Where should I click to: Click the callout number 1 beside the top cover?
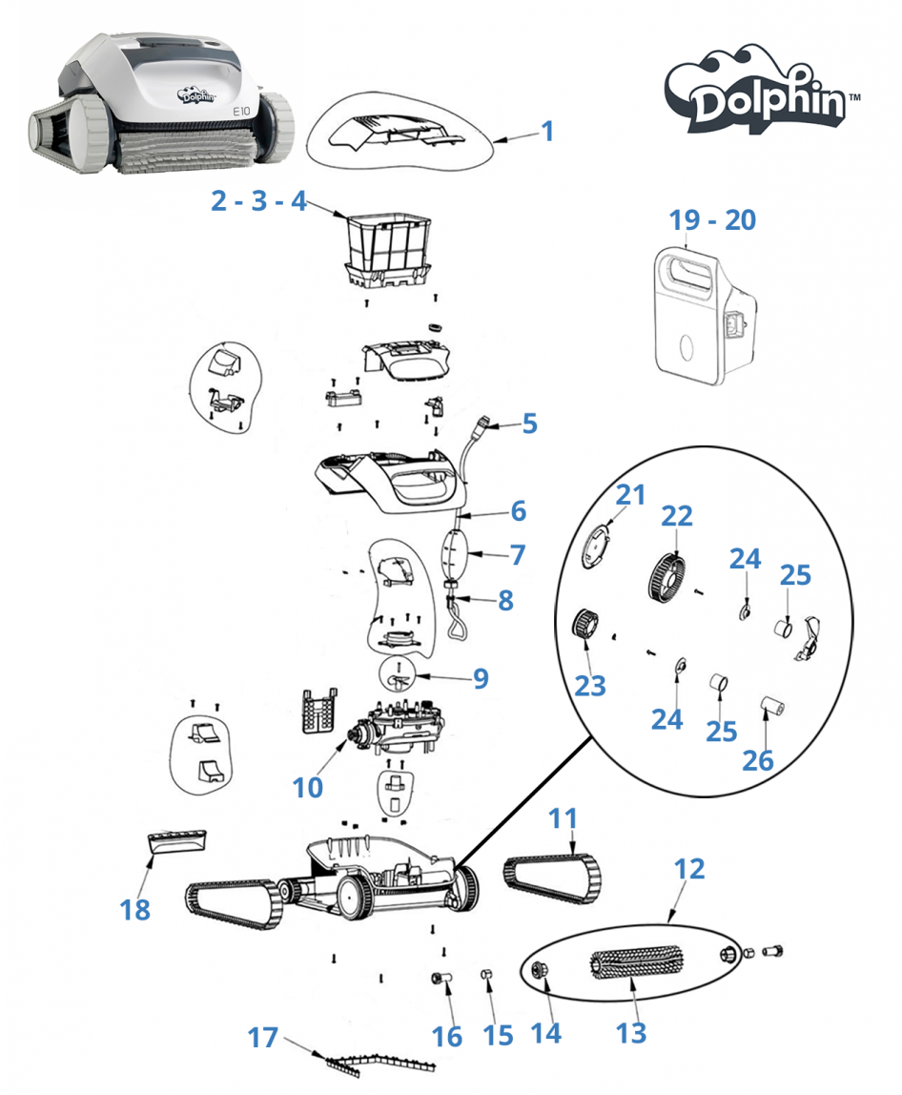546,131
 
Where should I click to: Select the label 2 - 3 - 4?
258,202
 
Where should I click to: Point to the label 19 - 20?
711,220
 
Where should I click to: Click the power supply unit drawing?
708,308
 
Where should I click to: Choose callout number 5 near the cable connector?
530,423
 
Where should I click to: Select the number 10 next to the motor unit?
308,787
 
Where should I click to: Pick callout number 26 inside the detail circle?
758,759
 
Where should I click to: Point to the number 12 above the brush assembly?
688,869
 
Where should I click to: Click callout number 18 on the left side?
135,909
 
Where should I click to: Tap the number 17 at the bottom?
263,1037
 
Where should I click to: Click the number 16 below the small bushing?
446,1036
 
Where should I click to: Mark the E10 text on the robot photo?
242,111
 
